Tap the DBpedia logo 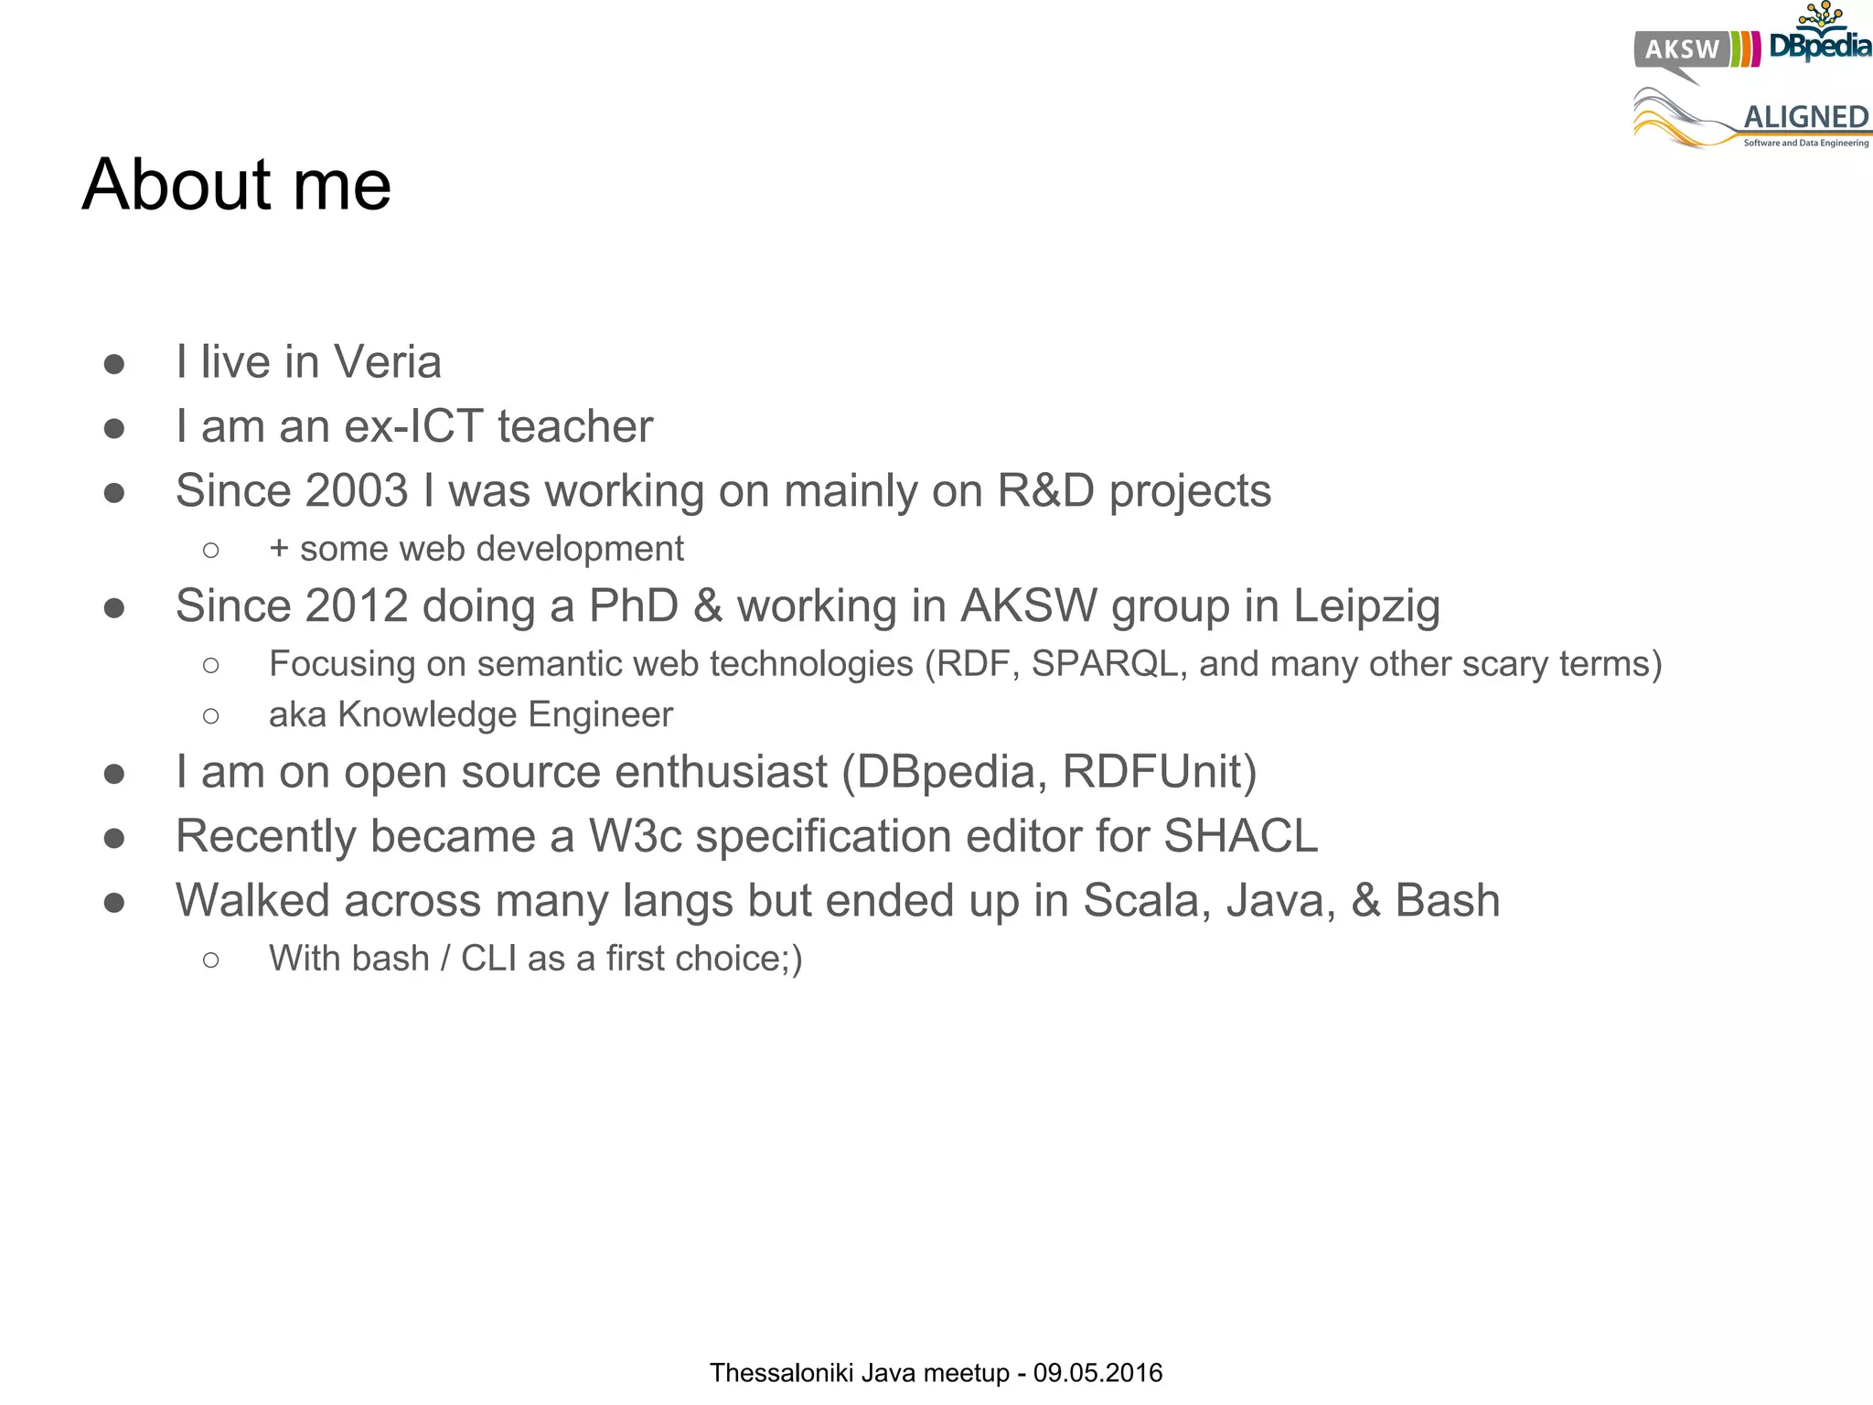[x=1820, y=41]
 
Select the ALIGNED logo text [x=1805, y=117]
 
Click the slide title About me [x=237, y=185]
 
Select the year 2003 [x=357, y=490]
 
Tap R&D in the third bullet [x=1045, y=490]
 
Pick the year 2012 [x=357, y=606]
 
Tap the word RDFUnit [x=1158, y=772]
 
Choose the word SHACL [x=1240, y=836]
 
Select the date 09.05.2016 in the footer [x=1097, y=1373]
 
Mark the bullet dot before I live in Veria [x=114, y=364]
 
